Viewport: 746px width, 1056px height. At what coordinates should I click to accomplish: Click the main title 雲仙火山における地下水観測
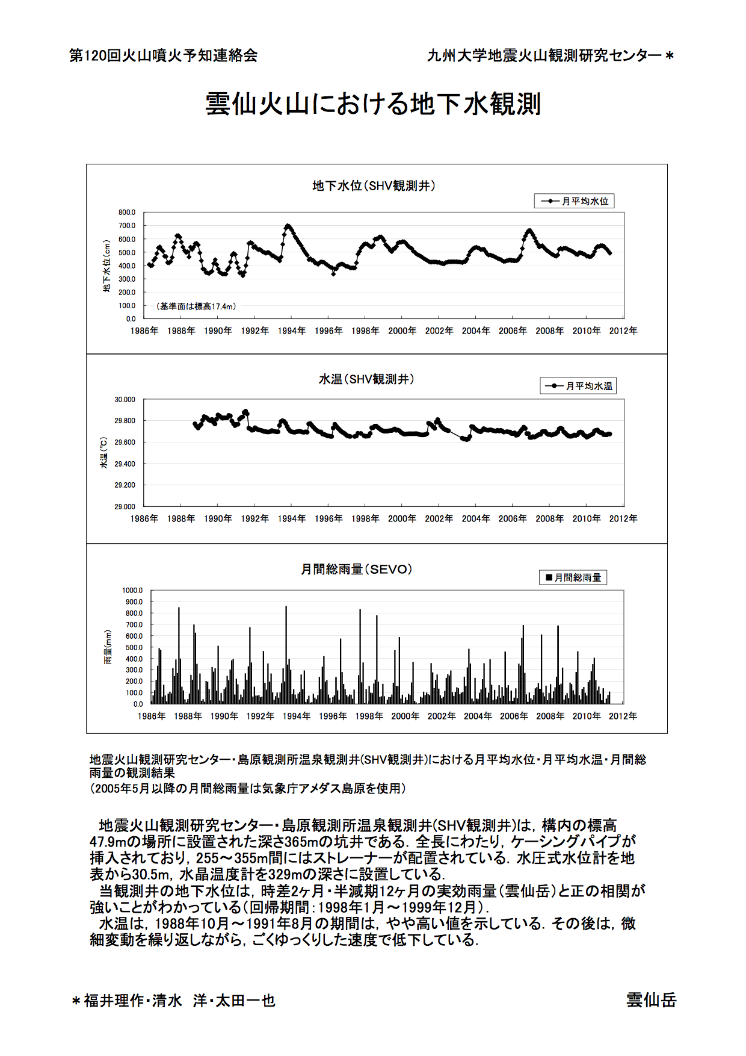(373, 104)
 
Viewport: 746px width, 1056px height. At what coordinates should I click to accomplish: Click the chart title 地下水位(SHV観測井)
(374, 186)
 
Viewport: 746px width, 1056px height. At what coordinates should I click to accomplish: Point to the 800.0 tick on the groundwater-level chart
(127, 213)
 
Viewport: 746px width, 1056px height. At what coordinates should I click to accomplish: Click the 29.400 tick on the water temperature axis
(125, 464)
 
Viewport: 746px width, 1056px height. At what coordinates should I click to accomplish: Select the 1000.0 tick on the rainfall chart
(132, 591)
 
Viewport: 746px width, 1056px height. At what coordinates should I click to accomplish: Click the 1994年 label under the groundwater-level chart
(292, 331)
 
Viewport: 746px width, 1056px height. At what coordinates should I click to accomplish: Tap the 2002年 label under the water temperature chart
(439, 518)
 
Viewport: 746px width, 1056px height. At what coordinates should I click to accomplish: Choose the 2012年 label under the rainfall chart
(623, 716)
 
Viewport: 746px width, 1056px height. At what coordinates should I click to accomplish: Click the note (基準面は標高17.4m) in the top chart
(196, 306)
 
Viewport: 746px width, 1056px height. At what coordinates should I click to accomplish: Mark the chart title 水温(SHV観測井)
(366, 379)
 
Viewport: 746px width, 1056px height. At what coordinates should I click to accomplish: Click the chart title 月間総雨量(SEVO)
(357, 570)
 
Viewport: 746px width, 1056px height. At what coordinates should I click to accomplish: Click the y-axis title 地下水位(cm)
(107, 266)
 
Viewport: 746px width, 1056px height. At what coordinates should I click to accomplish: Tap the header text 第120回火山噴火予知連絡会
(164, 55)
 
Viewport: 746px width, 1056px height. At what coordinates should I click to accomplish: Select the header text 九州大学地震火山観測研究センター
(544, 55)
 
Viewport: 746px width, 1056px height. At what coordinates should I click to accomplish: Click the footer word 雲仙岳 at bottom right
(651, 1000)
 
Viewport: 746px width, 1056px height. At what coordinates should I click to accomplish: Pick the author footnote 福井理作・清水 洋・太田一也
(179, 1001)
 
